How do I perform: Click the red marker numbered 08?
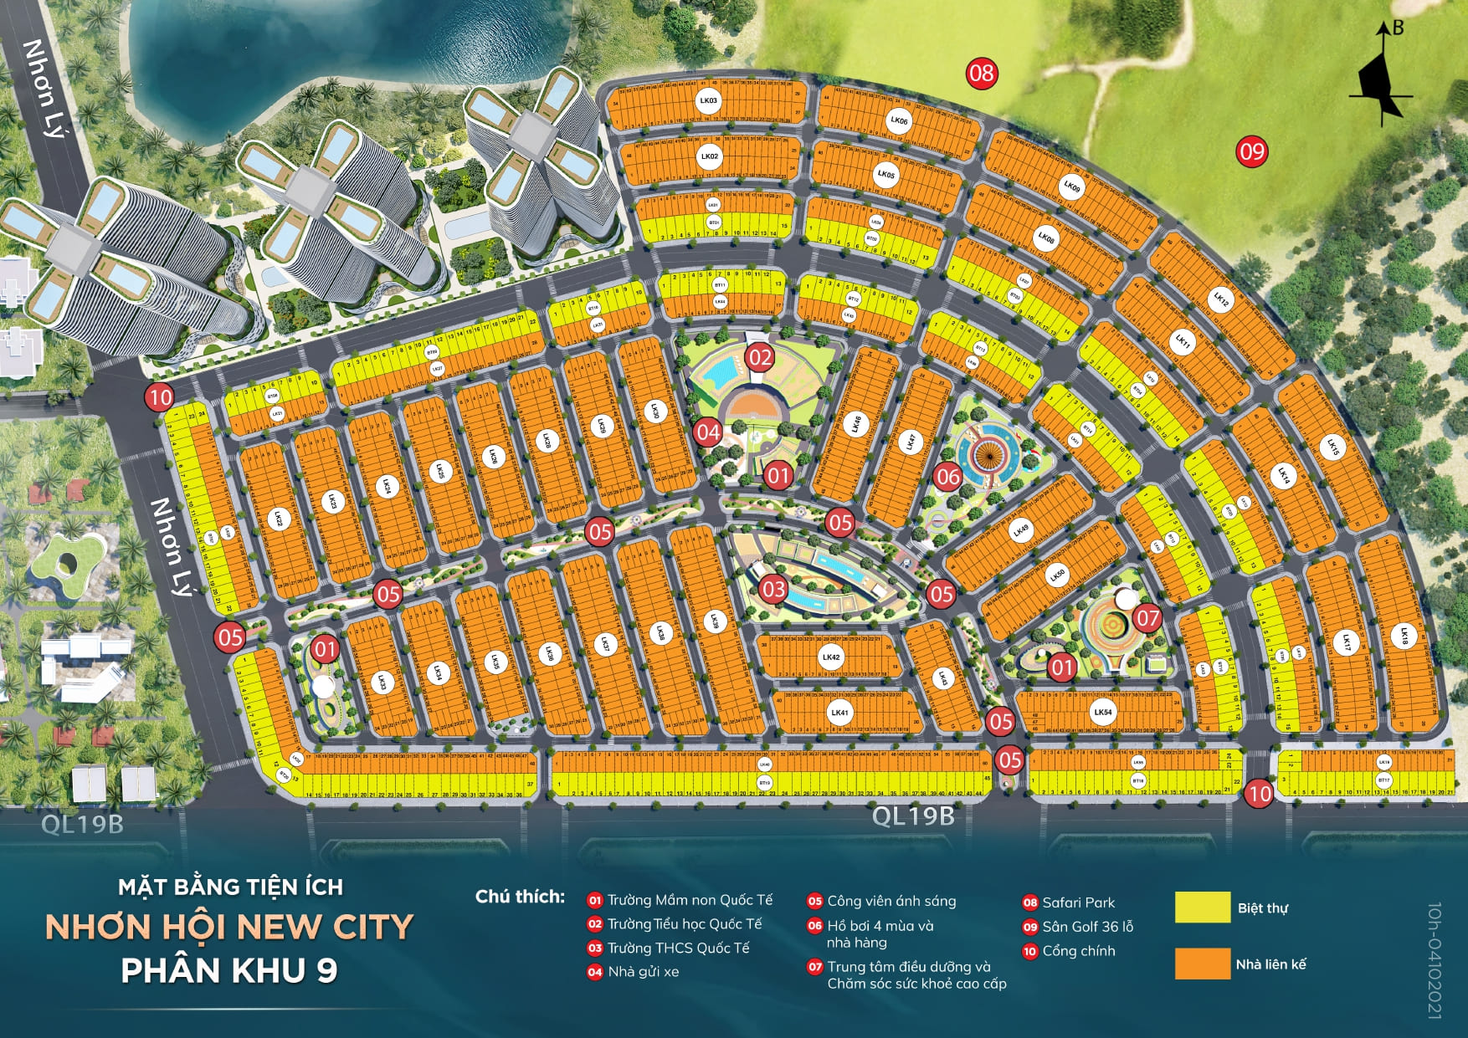pos(981,74)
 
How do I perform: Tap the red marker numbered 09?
pos(1252,151)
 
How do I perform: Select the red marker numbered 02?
pos(760,359)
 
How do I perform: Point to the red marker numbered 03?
pos(773,589)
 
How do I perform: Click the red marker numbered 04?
pos(708,432)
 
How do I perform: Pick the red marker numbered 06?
pos(947,478)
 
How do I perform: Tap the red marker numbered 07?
pos(1147,618)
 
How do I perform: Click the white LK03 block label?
pos(708,101)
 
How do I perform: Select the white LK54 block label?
pos(1103,713)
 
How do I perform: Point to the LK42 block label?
pos(830,657)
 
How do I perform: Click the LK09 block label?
pos(1072,187)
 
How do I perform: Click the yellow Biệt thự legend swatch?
pos(1202,908)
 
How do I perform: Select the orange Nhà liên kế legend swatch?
pos(1202,964)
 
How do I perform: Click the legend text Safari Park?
pos(1078,902)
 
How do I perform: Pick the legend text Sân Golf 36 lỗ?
pos(1087,927)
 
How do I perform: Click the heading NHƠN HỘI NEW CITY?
pos(229,927)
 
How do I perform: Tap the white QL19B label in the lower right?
pos(913,816)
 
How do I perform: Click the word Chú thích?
pos(520,897)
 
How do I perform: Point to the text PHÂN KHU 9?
pos(229,970)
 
